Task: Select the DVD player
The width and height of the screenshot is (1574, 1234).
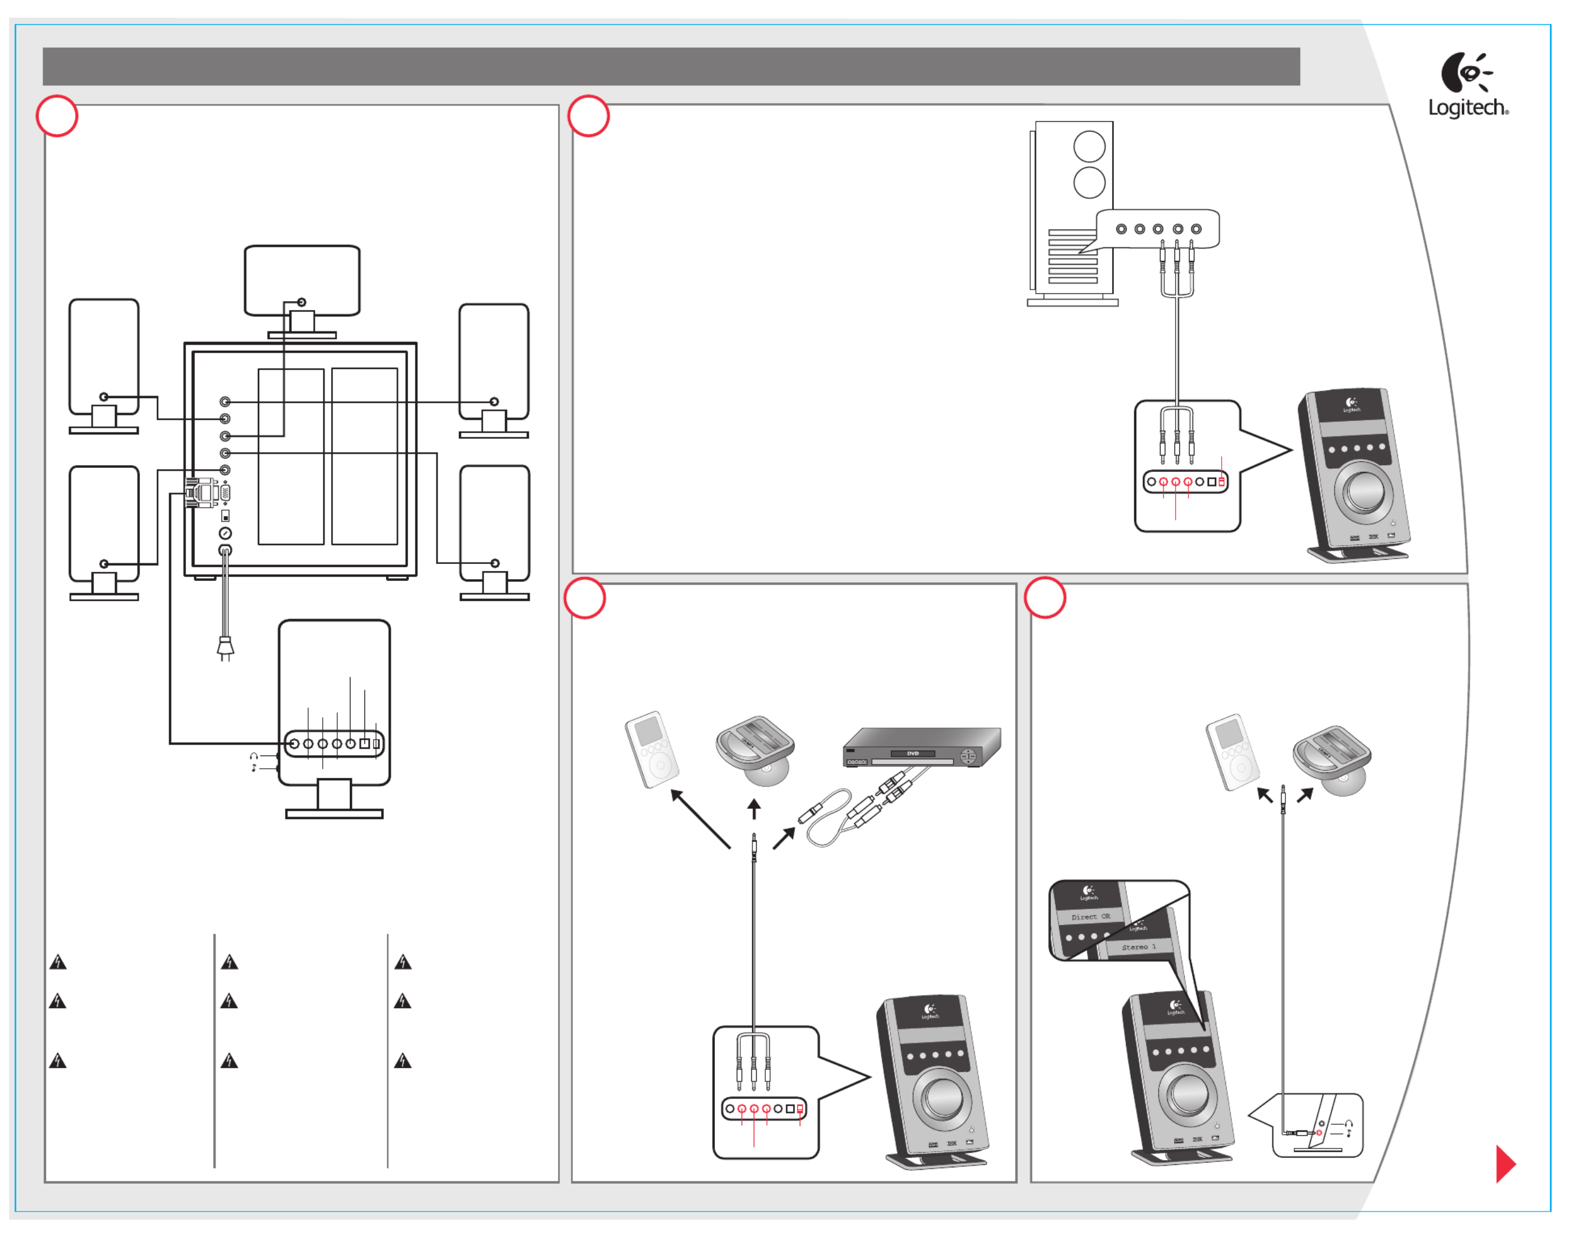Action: (x=922, y=748)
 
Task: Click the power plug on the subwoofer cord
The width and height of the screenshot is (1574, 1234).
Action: (x=225, y=648)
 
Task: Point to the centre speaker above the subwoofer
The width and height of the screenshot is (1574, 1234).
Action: (x=302, y=281)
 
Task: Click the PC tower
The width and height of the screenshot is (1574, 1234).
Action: (x=1072, y=213)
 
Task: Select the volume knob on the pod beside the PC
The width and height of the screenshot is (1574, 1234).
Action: (x=1364, y=491)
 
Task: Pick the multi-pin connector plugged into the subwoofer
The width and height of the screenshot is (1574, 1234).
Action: (x=202, y=493)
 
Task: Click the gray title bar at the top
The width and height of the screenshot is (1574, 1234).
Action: (x=671, y=67)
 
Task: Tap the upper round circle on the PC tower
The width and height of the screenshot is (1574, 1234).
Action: (x=1089, y=147)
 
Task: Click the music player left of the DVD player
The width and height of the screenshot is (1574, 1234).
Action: (x=651, y=751)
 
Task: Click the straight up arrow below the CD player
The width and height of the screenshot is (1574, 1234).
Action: (x=754, y=809)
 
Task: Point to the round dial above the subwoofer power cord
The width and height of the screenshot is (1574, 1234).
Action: (x=225, y=533)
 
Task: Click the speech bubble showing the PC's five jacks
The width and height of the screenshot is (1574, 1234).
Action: (x=1158, y=229)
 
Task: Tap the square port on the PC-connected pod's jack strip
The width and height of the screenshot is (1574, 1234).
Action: (x=1211, y=481)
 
